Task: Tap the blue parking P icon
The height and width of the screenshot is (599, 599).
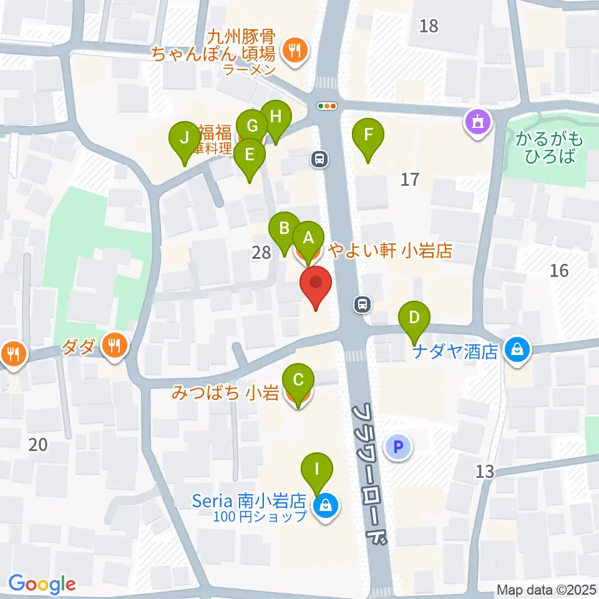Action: click(x=399, y=446)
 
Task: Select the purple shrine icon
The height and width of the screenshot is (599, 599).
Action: click(x=478, y=120)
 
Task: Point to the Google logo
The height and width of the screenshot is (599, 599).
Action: click(x=42, y=584)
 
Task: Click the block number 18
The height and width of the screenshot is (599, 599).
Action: click(x=429, y=26)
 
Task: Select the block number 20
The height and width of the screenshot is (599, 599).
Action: click(x=38, y=445)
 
